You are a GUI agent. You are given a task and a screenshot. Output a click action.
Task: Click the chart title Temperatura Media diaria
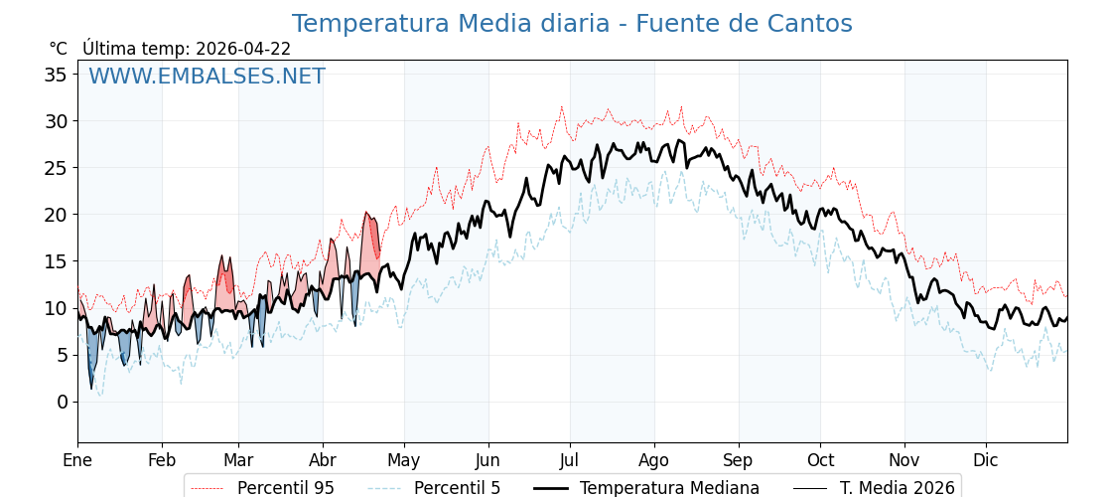click(x=571, y=24)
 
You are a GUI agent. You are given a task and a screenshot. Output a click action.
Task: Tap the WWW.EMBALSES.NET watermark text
click(x=207, y=77)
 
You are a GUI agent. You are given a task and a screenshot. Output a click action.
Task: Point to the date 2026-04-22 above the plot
click(x=243, y=49)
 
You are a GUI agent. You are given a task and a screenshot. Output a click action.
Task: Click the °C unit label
click(x=58, y=49)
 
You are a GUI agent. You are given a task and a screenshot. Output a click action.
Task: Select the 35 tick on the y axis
click(x=58, y=75)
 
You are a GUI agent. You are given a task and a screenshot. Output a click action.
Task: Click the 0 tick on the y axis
click(x=63, y=402)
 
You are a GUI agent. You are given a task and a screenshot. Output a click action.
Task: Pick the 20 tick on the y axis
click(x=58, y=215)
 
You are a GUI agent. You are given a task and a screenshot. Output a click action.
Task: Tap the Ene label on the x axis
click(x=77, y=460)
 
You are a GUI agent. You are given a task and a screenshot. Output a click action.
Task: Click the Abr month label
click(x=323, y=460)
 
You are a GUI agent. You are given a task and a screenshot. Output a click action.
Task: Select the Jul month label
click(x=570, y=460)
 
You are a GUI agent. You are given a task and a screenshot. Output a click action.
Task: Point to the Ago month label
click(x=654, y=460)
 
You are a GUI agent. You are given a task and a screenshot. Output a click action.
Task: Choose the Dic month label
click(x=986, y=460)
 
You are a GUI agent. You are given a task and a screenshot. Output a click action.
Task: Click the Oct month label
click(x=820, y=460)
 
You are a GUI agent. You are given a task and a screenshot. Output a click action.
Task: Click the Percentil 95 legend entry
click(x=285, y=488)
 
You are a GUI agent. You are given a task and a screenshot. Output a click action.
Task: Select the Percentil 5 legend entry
click(x=457, y=488)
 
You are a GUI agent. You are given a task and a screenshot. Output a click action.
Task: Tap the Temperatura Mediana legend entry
click(x=669, y=488)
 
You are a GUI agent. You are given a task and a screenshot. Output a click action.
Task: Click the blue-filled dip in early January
click(x=92, y=358)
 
